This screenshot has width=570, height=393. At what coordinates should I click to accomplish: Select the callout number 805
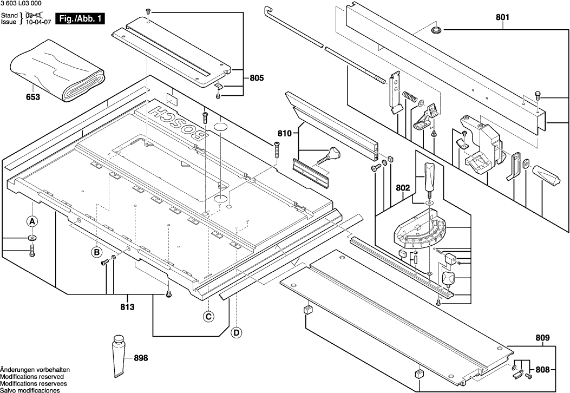click(257, 78)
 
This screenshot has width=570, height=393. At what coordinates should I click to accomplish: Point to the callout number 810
click(285, 133)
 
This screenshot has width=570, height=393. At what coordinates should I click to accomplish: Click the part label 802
click(403, 188)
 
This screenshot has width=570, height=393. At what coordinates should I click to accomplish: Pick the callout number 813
click(127, 306)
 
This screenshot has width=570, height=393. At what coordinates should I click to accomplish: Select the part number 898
click(140, 358)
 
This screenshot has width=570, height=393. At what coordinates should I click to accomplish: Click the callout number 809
click(543, 338)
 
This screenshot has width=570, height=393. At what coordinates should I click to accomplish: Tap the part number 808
click(542, 370)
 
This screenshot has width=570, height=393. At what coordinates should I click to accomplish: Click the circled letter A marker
click(32, 221)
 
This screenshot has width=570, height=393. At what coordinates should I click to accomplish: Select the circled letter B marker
click(96, 252)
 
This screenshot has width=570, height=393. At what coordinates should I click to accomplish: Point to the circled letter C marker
click(208, 317)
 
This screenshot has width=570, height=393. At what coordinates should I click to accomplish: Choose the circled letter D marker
click(236, 332)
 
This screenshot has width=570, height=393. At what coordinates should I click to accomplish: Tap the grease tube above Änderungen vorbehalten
click(119, 356)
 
